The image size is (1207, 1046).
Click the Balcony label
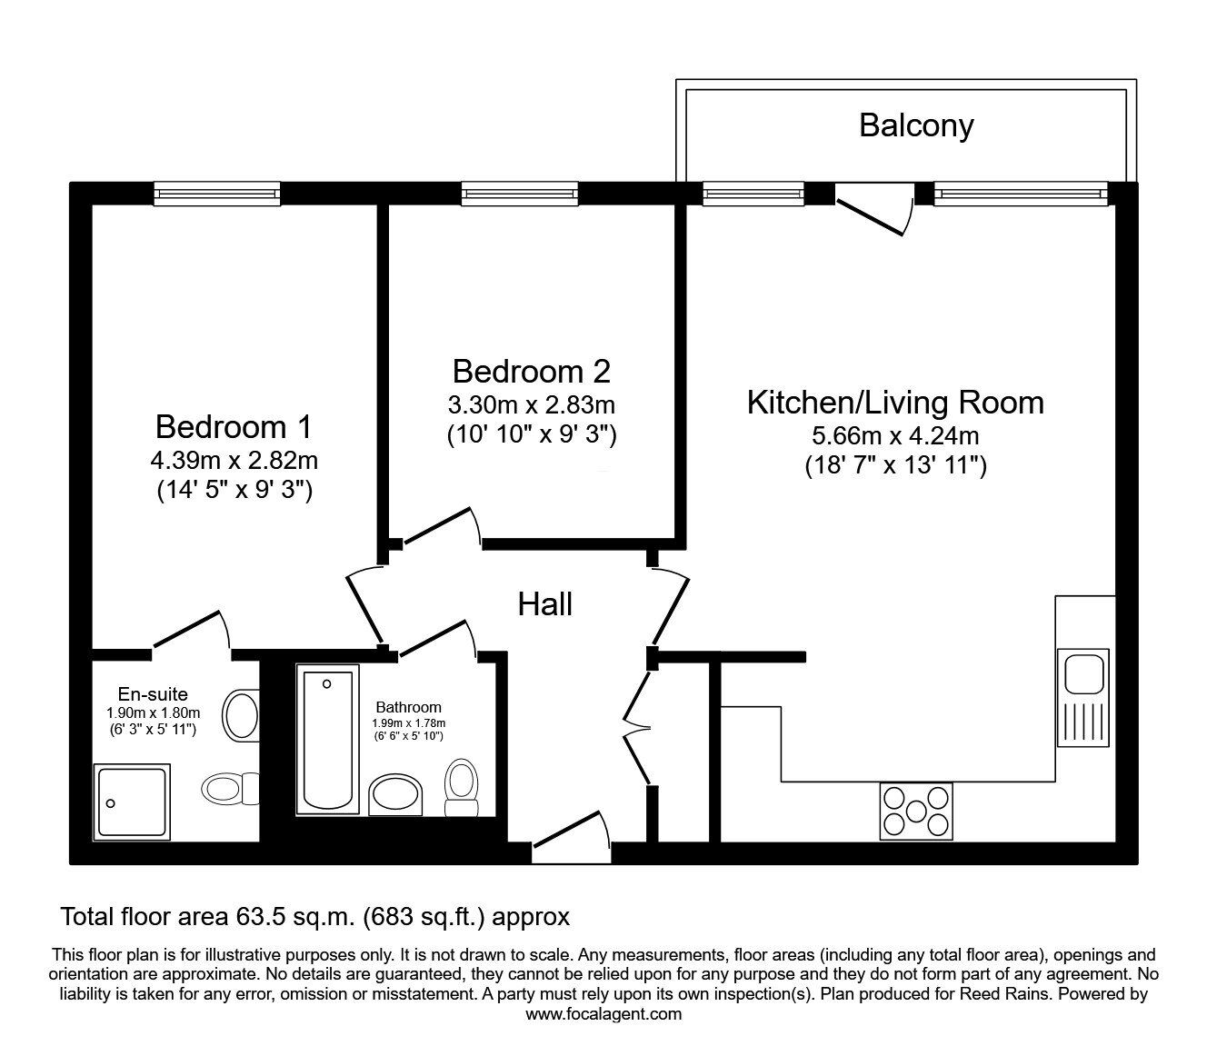tap(915, 125)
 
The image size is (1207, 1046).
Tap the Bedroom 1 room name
tap(234, 426)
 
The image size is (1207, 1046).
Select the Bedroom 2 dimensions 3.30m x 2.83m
tap(532, 404)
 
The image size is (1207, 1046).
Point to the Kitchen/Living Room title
tap(895, 403)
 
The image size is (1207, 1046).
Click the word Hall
tap(544, 604)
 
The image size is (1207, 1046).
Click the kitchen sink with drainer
tap(1082, 696)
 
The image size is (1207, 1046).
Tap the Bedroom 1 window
tap(215, 193)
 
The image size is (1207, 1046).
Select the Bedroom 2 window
tap(519, 193)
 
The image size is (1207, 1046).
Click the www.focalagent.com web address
tap(603, 1014)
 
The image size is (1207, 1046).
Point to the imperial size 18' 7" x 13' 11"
tap(895, 466)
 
